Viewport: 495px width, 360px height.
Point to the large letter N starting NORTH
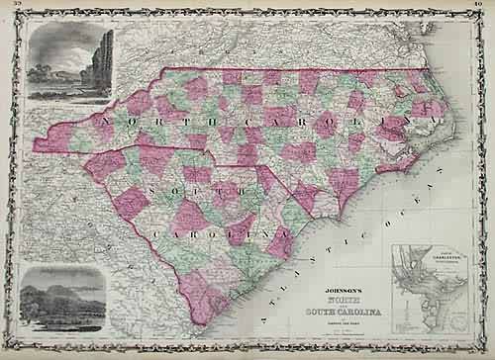point(99,125)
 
